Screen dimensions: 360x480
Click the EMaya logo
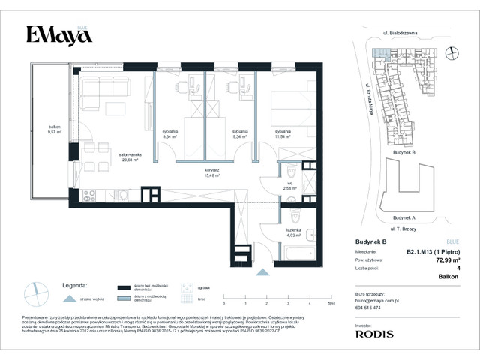[x=55, y=34]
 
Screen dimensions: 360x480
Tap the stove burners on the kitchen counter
[x=88, y=195]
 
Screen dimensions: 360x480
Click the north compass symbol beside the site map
[x=451, y=52]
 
